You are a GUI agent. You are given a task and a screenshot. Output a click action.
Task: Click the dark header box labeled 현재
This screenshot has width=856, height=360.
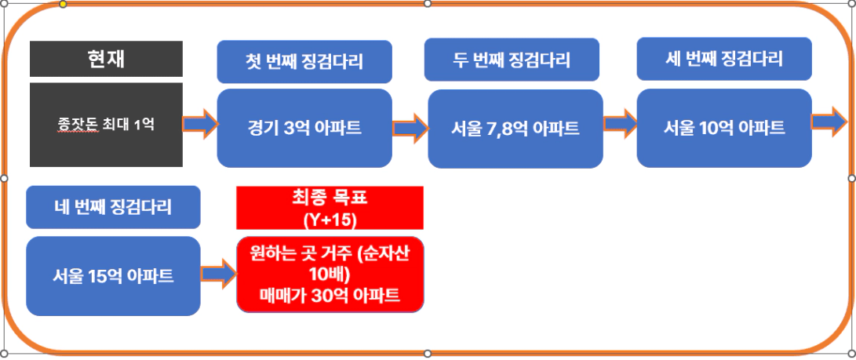106,58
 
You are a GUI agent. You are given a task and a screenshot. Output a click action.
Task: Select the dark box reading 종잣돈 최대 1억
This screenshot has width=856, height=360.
106,125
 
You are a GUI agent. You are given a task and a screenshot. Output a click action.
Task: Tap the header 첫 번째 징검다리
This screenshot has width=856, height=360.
304,61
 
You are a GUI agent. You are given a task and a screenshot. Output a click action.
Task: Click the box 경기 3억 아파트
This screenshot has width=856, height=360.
304,128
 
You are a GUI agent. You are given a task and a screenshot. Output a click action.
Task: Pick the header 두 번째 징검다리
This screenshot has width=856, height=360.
512,60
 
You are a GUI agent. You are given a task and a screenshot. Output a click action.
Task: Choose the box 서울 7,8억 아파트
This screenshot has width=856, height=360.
515,129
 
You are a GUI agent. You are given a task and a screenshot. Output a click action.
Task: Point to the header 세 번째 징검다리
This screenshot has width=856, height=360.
724,59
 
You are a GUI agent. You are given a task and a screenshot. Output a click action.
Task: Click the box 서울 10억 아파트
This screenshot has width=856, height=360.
724,128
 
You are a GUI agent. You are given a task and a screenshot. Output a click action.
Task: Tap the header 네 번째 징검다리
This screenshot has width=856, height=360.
113,207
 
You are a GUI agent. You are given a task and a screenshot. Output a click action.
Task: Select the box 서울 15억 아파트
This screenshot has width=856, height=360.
113,276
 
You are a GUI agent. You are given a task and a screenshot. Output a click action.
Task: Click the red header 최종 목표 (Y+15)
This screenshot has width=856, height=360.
330,208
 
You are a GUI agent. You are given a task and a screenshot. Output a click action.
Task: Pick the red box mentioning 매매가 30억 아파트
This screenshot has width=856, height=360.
330,275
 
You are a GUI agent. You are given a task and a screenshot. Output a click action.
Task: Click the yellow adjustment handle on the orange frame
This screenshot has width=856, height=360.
63,4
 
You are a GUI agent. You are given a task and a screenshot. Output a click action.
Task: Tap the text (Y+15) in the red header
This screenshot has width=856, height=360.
330,219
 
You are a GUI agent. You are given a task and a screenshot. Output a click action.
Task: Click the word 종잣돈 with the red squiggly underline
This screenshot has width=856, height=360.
78,125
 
